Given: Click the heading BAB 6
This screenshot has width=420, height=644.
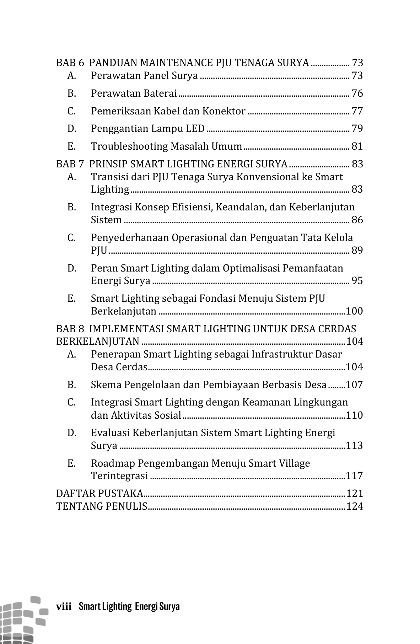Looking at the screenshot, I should coord(70,63).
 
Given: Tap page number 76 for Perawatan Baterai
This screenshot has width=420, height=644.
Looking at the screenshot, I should coord(357,93).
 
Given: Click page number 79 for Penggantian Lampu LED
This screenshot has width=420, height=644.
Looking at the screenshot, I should coord(357,129).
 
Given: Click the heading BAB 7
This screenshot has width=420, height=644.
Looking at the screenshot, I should coord(70,164).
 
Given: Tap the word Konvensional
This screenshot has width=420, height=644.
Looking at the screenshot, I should coord(268,177).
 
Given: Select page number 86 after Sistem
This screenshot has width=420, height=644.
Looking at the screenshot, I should coord(357,220).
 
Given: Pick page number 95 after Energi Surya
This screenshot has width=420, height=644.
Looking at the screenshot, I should coord(357,281).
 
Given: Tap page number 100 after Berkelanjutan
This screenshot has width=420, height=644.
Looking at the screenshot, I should coord(354,312).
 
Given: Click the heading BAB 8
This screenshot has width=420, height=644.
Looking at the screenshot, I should coord(70,329).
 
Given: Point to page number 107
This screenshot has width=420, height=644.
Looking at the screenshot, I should coord(354,385).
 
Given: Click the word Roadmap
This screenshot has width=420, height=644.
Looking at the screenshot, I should coord(113,463).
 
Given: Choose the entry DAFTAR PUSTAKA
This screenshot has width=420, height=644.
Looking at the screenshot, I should coord(99,494).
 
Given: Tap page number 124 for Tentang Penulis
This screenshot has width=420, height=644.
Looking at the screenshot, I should coord(354,506).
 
